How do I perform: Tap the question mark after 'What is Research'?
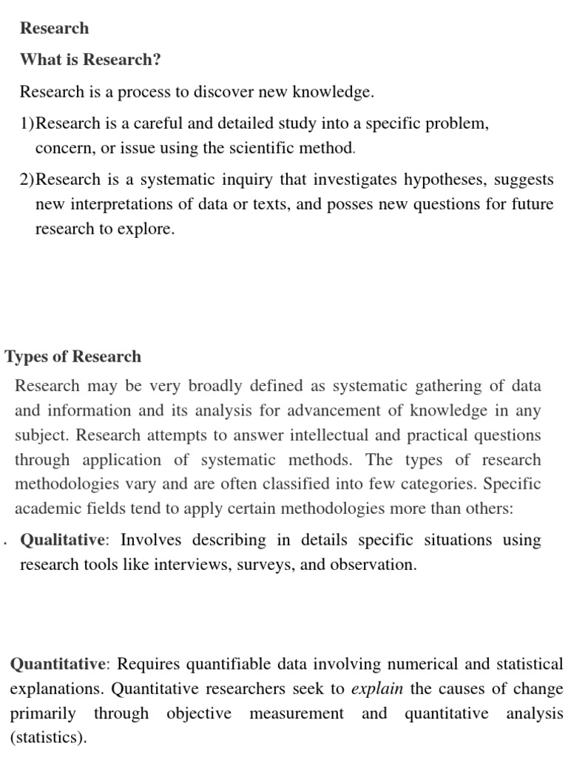(x=157, y=60)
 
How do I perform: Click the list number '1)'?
(x=27, y=123)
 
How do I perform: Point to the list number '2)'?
(x=27, y=180)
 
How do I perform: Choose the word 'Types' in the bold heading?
(x=25, y=356)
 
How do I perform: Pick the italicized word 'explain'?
(x=377, y=689)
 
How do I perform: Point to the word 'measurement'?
(x=297, y=713)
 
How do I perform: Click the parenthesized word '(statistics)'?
(x=47, y=738)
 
